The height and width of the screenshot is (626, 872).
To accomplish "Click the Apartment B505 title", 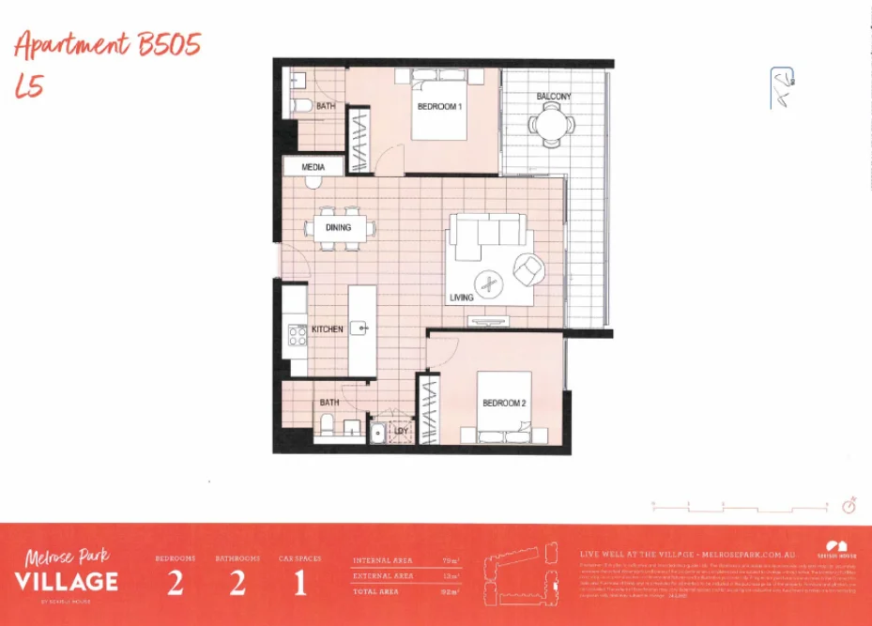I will point(108,45).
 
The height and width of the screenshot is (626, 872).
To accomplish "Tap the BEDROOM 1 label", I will point(438,107).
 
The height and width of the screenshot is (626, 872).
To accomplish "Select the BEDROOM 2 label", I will point(503,404).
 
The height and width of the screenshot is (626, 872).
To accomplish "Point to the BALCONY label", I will point(553,97).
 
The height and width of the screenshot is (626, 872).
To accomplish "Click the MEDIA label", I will point(313,167).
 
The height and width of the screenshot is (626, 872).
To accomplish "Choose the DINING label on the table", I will point(338,227).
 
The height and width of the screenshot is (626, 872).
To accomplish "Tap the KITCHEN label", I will point(328,329).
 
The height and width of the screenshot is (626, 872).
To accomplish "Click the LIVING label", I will point(461,298).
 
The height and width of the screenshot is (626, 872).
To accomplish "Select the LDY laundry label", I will point(401,432).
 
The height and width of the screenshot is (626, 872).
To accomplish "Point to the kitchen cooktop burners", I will point(298,334).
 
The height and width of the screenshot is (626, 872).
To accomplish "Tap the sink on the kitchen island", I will point(360,328).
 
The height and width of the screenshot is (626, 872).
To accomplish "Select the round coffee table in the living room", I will point(487,282).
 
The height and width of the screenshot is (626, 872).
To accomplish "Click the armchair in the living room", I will point(528,270).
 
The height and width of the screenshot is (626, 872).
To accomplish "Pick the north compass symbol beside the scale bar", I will point(849,506).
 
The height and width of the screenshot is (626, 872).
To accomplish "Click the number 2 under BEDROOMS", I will point(176,583).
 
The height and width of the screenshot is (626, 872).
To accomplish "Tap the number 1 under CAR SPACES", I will point(300,583).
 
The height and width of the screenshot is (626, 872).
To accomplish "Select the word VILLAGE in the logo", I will point(66,581).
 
